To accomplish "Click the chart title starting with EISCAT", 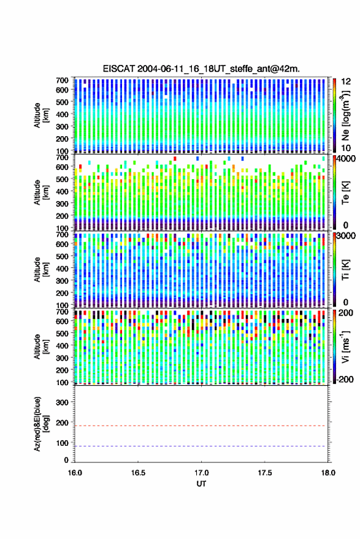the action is point(201,69).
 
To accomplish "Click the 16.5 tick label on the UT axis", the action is point(138,473).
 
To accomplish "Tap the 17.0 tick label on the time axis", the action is point(201,473).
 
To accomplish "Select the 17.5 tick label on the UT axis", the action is point(264,473).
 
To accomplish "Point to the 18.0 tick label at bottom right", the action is point(327,473).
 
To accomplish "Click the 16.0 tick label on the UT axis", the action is point(75,473).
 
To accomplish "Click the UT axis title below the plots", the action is point(201,484).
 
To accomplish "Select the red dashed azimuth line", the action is point(201,426).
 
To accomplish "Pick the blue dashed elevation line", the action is point(201,446).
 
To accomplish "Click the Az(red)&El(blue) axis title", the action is point(41,424).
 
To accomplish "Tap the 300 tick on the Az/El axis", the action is point(62,402).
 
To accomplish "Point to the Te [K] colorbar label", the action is point(346,193).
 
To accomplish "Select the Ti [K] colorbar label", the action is point(346,270).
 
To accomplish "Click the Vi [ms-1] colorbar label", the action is point(346,346).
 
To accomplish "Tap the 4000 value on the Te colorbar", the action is point(346,159).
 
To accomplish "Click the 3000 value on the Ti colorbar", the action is point(346,236).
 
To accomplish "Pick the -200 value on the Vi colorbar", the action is point(345,380).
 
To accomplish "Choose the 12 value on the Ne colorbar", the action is point(347,82).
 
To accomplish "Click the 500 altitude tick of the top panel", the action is point(62,102).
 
